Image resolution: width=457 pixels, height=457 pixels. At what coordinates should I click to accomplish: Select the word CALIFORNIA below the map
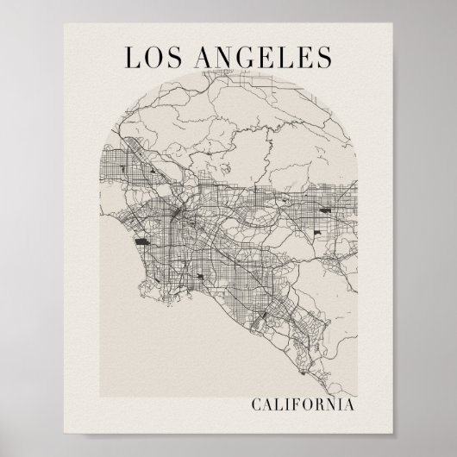303,404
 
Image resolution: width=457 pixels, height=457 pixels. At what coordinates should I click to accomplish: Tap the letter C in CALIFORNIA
257,404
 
